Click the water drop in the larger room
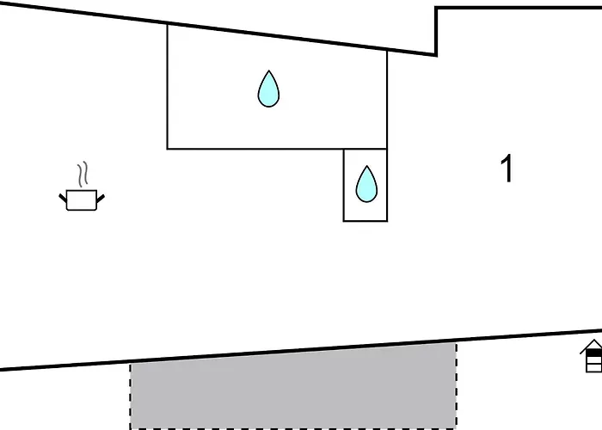point(268,89)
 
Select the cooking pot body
point(82,200)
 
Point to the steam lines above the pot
point(83,175)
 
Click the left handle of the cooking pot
point(63,198)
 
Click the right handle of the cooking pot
point(101,199)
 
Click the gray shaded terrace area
point(293,387)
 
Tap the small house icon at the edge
point(592,356)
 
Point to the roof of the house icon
point(592,347)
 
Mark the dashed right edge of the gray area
point(457,386)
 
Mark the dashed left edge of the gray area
point(131,396)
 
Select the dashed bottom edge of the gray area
point(293,428)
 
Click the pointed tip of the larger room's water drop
point(268,71)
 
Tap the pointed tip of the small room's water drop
point(366,166)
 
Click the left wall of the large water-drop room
point(168,87)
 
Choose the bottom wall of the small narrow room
point(365,221)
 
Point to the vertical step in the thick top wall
point(436,32)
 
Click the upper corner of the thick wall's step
point(436,7)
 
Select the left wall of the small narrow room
point(344,185)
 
